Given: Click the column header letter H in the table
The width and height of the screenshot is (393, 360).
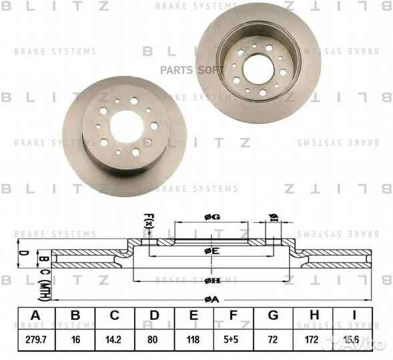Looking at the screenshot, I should coord(316,315).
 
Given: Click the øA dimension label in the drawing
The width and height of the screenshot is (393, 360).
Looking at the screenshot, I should coord(211,298).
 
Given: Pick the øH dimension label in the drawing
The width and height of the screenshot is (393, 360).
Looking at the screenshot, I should coord(211,280).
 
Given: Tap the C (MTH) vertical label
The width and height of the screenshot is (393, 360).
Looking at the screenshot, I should coord(42,276).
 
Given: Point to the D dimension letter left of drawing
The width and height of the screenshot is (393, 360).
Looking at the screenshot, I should coord(23,253).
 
